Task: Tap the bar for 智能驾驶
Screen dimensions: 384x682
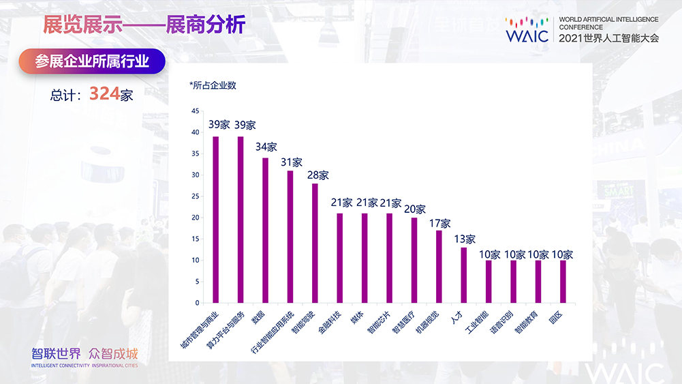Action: pos(315,243)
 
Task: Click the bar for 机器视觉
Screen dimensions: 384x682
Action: pos(439,267)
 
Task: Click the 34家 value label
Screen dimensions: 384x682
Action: pos(266,147)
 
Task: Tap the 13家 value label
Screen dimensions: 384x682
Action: pos(464,239)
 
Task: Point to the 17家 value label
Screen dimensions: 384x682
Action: pos(439,223)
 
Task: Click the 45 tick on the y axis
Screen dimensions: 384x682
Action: pos(196,111)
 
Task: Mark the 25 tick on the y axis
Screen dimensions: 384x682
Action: pos(196,196)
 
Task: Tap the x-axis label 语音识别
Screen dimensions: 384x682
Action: pos(501,321)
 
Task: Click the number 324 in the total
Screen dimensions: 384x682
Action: pos(104,94)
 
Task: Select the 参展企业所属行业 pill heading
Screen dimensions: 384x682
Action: pos(93,62)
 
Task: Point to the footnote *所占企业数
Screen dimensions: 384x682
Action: pos(213,85)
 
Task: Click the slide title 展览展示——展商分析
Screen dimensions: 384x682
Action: pos(143,26)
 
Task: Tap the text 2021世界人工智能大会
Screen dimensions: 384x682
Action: pos(609,39)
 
